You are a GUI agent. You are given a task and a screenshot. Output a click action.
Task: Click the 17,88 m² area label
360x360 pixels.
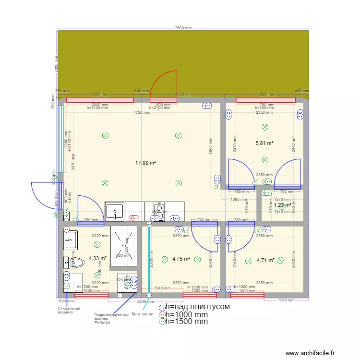point(146,163)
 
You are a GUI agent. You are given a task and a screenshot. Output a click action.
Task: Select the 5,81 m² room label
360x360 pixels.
point(264,143)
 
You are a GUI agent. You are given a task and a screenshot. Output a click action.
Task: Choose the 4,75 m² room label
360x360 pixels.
point(181,259)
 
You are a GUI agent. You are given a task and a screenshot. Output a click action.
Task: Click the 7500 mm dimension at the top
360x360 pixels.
point(183,28)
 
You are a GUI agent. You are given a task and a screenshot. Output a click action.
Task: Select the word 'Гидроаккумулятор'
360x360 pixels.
point(111,315)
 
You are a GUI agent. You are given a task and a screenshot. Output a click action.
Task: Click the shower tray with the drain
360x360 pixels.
point(124,245)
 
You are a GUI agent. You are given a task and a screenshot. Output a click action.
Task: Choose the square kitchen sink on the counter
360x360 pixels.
point(115,211)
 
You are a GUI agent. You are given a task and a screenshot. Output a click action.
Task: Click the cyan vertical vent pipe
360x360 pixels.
point(149,259)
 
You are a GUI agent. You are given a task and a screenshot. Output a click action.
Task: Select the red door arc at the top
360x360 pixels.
point(164,86)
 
